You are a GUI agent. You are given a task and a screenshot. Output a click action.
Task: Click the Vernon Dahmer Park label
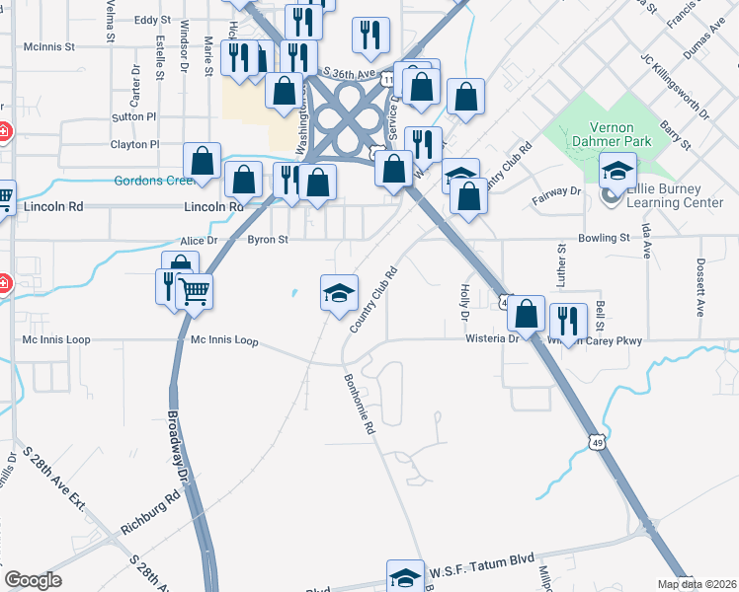click(x=617, y=134)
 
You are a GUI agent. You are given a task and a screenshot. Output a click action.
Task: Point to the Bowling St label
click(x=604, y=238)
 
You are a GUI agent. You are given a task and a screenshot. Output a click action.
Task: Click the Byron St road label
click(x=267, y=239)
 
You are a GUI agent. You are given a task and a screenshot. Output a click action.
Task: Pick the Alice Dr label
click(x=198, y=241)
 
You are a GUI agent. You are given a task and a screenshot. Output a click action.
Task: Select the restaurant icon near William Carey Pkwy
click(x=567, y=319)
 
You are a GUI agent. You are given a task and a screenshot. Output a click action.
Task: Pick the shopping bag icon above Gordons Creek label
click(x=202, y=160)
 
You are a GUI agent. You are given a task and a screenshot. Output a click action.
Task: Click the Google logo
click(x=34, y=580)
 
